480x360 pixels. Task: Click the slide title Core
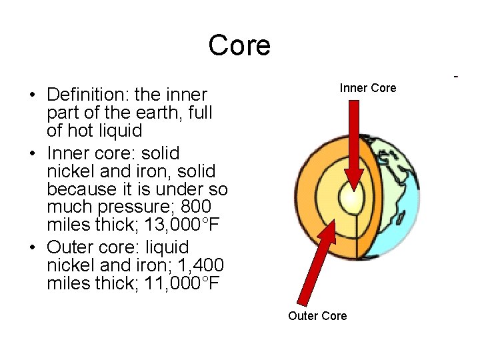(x=239, y=45)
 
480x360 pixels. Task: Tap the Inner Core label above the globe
(x=367, y=88)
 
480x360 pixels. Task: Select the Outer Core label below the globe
(x=317, y=315)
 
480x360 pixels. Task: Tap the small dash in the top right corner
(x=456, y=77)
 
